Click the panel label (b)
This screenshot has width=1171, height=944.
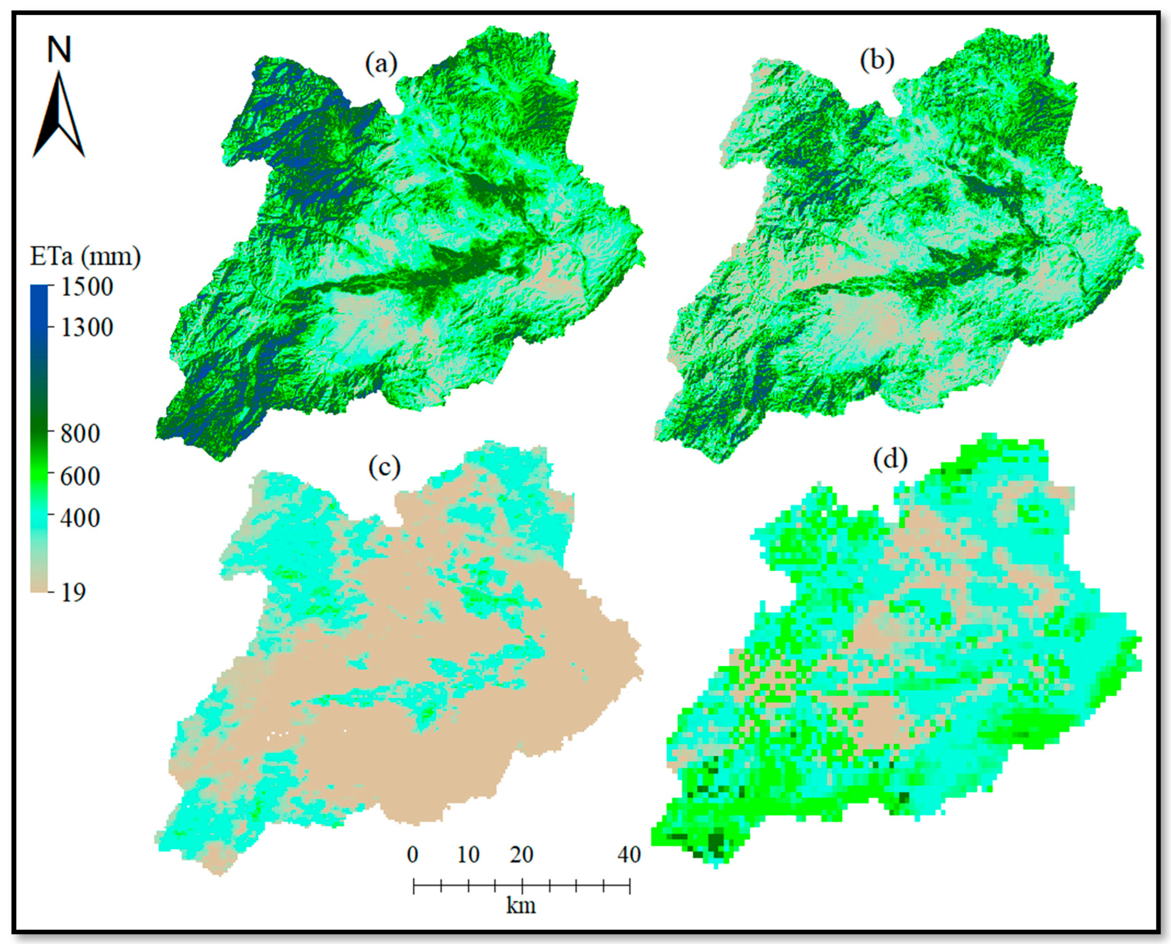(877, 61)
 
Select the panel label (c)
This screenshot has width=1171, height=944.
(384, 467)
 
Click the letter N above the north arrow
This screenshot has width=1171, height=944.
(59, 50)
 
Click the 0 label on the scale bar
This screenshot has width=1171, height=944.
(413, 855)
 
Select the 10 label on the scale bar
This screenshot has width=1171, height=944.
(468, 855)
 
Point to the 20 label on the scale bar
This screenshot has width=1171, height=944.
(521, 855)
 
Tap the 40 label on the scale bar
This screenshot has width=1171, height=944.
(629, 855)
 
